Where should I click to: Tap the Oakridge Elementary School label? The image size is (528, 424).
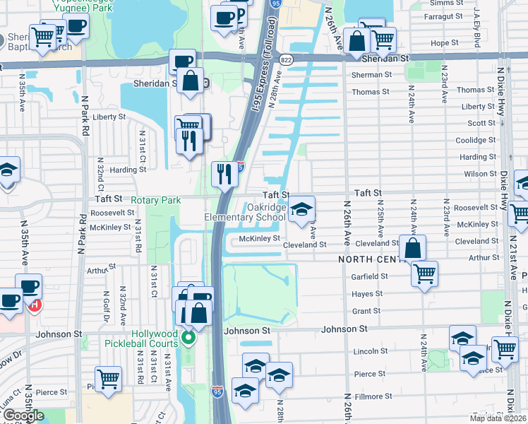245,212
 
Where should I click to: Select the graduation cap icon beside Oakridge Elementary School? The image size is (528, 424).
302,209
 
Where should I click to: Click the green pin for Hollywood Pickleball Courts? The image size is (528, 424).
188,336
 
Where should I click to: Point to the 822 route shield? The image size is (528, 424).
285,60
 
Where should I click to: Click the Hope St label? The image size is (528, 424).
445,43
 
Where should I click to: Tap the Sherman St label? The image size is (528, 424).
366,74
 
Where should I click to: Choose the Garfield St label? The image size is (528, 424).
366,277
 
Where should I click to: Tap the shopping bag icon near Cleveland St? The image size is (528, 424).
413,248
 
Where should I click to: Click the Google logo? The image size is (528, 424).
23,416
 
